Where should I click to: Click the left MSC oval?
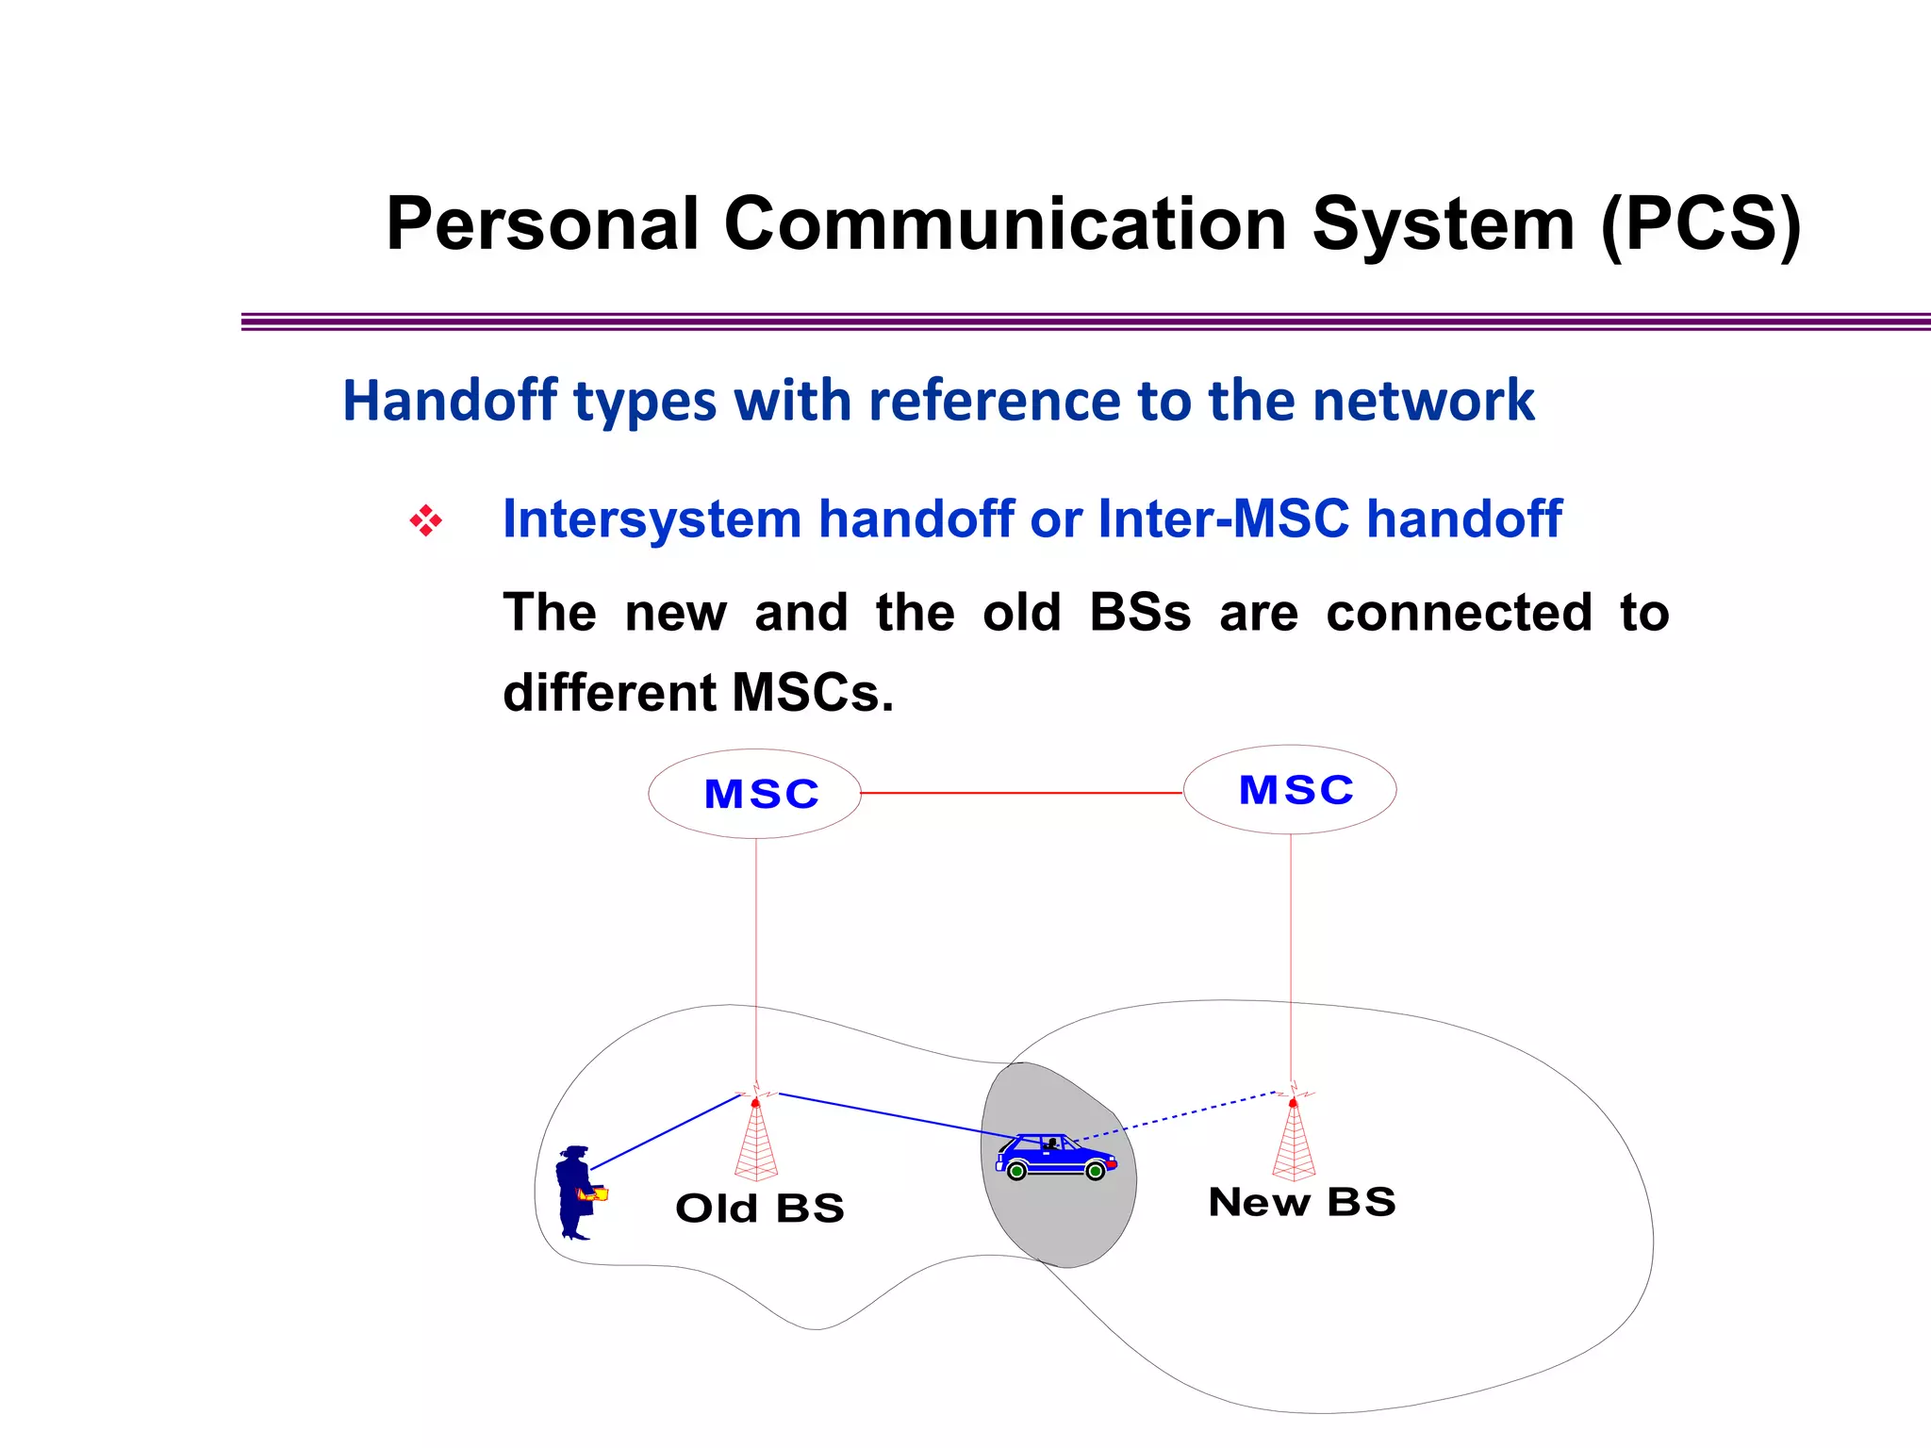[x=754, y=794]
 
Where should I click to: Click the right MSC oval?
[x=1290, y=790]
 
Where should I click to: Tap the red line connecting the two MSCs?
[x=1021, y=794]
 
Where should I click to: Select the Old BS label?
[x=760, y=1209]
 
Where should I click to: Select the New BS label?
[x=1301, y=1202]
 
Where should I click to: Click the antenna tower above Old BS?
[x=755, y=1141]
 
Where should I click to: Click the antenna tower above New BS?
[x=1293, y=1141]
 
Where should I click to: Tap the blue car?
[x=1054, y=1156]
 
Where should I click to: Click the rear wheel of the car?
[x=1016, y=1172]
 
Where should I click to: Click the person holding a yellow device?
[x=575, y=1193]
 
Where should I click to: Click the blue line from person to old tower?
[x=665, y=1132]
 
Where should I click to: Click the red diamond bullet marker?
[x=426, y=520]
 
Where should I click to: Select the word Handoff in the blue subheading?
[x=450, y=401]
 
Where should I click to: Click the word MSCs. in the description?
[x=812, y=693]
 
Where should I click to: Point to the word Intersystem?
[x=652, y=519]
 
